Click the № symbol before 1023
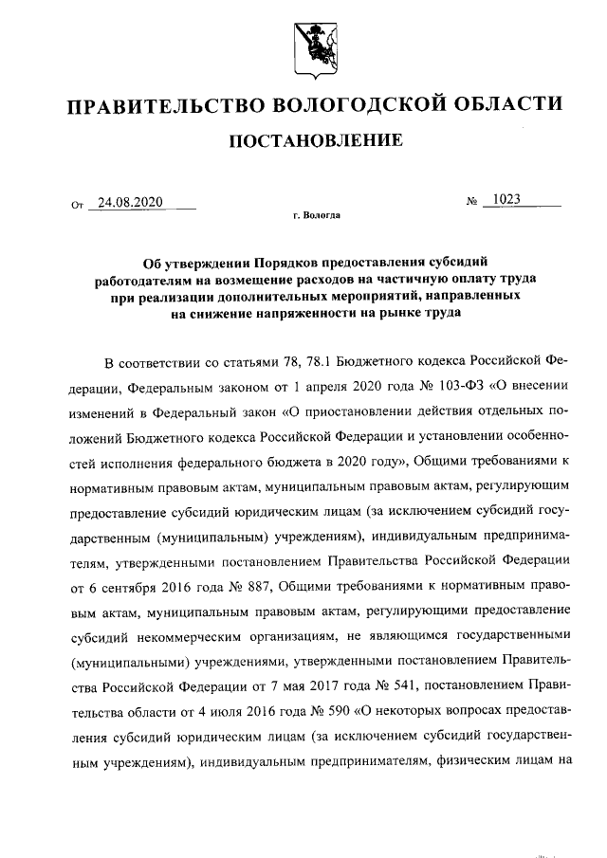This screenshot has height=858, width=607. pos(471,202)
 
